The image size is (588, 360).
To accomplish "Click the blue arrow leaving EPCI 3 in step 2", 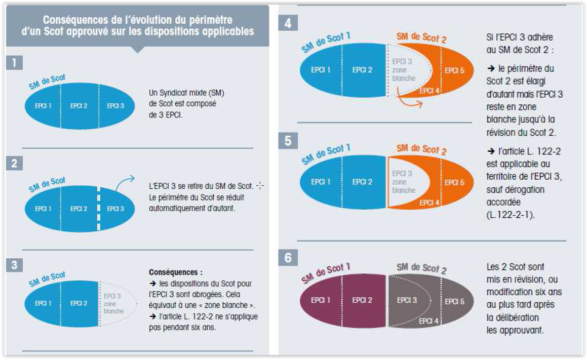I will coord(124,184).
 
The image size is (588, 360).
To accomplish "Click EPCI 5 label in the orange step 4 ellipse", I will coord(454,70).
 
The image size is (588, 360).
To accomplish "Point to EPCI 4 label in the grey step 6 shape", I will coord(429,321).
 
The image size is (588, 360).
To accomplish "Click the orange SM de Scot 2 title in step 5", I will coord(421,149).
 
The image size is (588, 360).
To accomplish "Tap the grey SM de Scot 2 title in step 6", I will coord(421,267).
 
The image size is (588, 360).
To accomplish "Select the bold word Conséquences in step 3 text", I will coord(172,272).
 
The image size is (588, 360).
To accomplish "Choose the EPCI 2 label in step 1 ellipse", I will coord(80,106).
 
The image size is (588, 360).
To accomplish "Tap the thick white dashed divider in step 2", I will coord(99,209).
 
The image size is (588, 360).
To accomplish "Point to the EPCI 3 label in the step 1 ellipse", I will coord(116,106).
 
